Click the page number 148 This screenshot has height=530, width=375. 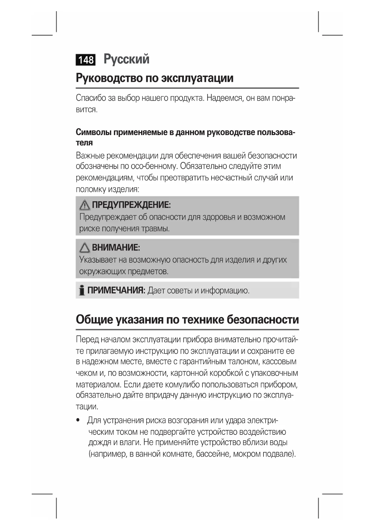pos(86,60)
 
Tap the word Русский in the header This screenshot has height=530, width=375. pos(126,59)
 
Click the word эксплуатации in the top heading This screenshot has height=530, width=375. pos(197,78)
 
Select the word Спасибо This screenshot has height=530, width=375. pos(91,98)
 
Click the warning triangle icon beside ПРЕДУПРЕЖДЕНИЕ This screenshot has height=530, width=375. pos(85,205)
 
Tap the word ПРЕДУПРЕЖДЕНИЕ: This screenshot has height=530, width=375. pos(131,205)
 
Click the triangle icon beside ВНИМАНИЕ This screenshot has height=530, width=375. pos(85,248)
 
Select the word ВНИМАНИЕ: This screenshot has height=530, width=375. pos(116,248)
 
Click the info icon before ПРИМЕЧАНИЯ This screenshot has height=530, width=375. pos(82,290)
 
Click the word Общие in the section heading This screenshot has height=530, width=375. pos(94,319)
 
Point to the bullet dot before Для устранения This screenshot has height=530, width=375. pos(79,420)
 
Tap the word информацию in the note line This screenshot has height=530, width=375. pos(225,291)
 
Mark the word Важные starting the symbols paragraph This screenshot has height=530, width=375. pos(90,156)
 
